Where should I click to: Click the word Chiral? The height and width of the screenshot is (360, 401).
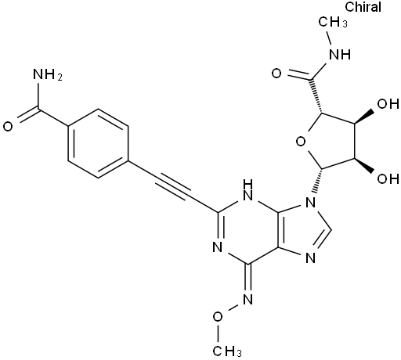tap(363, 7)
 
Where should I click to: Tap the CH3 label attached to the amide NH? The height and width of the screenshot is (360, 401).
tap(333, 22)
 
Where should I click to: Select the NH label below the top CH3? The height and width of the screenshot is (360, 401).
tap(340, 55)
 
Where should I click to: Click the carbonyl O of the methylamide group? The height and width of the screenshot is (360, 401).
tap(276, 74)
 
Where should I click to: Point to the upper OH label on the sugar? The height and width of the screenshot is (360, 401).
tap(388, 104)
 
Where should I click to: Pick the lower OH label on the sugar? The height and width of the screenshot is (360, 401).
tap(388, 178)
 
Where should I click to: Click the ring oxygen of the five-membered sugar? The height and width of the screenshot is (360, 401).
tap(301, 142)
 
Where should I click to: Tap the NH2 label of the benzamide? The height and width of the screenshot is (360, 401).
tap(48, 75)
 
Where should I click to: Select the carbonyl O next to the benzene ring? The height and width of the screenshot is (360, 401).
tap(8, 127)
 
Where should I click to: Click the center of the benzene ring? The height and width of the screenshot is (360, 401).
tap(98, 143)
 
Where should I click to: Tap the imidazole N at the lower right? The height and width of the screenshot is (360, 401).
tap(310, 258)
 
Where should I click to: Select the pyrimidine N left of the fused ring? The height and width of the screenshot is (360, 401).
tap(218, 247)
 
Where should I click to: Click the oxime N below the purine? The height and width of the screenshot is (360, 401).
tap(247, 300)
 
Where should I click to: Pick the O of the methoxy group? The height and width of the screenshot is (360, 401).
tap(218, 317)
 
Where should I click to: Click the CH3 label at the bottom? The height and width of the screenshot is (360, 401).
tap(226, 351)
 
